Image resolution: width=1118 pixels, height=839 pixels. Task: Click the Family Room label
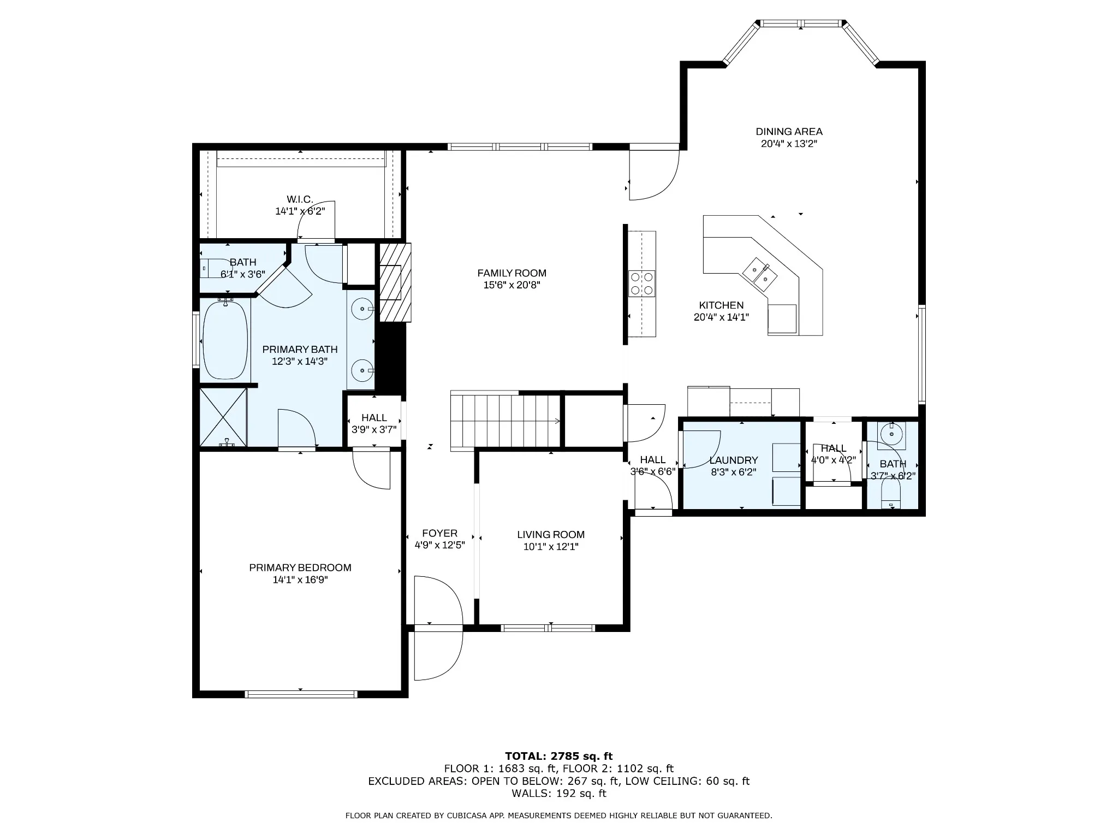512,273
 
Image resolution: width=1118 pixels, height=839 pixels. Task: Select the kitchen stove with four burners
642,283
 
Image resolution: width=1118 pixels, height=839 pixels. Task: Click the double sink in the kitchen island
763,274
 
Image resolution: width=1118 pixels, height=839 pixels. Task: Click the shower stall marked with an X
223,417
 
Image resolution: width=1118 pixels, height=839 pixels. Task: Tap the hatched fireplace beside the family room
395,282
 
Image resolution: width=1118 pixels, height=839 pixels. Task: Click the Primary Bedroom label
300,568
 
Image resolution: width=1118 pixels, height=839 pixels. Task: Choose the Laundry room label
734,460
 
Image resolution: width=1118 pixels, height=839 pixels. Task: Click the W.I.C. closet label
300,199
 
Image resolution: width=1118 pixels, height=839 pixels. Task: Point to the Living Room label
551,535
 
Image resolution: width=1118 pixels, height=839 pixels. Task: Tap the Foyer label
439,533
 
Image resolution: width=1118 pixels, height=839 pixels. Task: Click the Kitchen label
721,305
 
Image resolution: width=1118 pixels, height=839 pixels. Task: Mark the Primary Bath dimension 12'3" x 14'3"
300,361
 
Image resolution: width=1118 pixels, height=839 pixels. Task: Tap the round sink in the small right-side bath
891,435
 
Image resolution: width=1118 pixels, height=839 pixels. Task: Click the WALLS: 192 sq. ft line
559,793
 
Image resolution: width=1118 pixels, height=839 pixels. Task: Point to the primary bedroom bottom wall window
301,694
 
